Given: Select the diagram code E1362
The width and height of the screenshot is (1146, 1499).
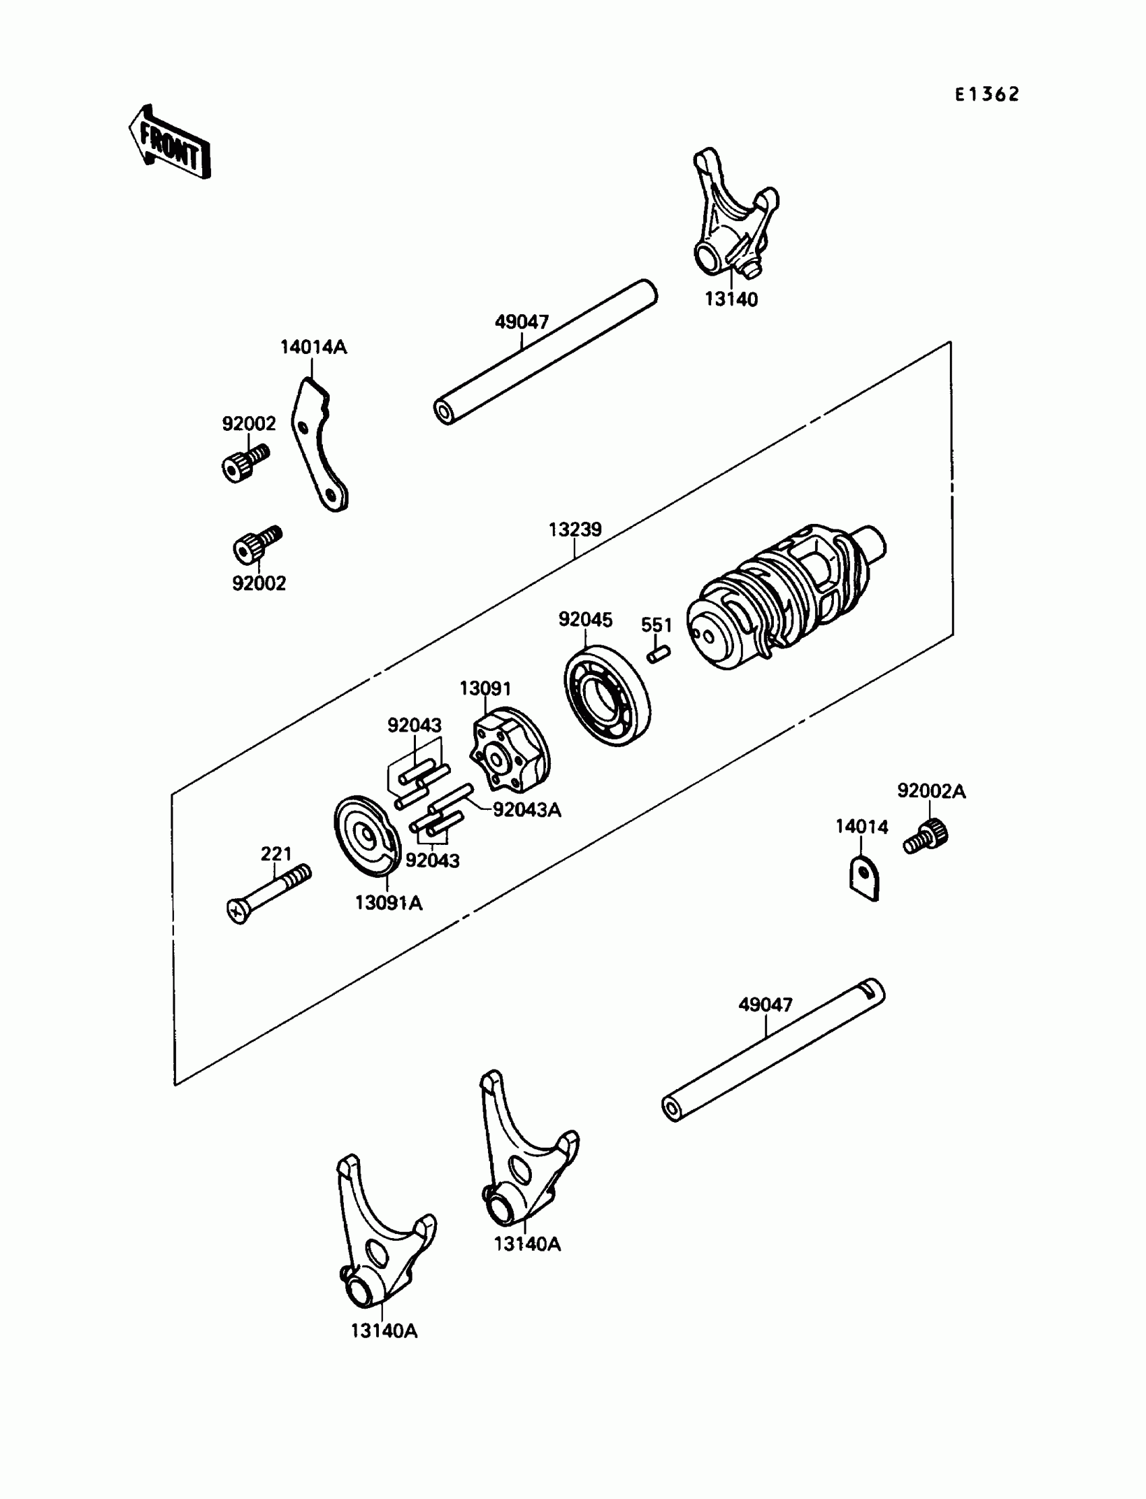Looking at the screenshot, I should pyautogui.click(x=986, y=94).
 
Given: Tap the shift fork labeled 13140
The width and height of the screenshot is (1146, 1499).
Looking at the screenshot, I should pyautogui.click(x=734, y=216).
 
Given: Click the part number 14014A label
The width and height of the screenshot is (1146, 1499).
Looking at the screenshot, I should pyautogui.click(x=313, y=347).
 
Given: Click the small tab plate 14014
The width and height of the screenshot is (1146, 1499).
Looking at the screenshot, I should pyautogui.click(x=864, y=879).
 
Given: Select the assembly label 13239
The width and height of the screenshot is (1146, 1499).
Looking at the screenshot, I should pyautogui.click(x=575, y=529).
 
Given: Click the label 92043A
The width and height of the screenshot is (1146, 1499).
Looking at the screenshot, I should pyautogui.click(x=526, y=810).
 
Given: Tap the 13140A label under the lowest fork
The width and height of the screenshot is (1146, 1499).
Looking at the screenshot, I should pyautogui.click(x=384, y=1330).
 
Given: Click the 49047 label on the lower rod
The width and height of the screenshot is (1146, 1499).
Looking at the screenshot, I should pyautogui.click(x=765, y=1004).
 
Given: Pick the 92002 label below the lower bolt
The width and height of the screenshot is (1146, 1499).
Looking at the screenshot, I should pyautogui.click(x=260, y=583).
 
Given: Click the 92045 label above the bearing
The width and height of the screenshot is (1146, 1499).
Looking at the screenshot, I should pyautogui.click(x=585, y=620).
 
